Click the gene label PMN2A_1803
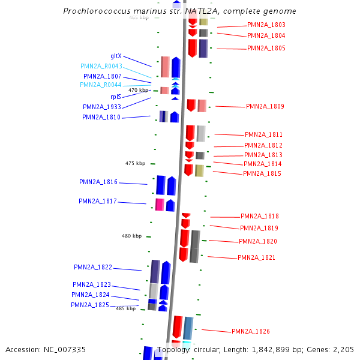pyautogui.click(x=266, y=25)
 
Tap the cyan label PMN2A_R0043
pyautogui.click(x=101, y=66)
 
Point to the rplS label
pyautogui.click(x=116, y=96)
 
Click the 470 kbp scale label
pyautogui.click(x=138, y=90)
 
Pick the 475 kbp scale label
pyautogui.click(x=135, y=163)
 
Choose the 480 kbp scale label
pyautogui.click(x=131, y=236)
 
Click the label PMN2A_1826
pyautogui.click(x=251, y=331)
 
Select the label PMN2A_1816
pyautogui.click(x=98, y=182)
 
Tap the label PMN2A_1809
pyautogui.click(x=265, y=106)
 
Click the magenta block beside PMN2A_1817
pyautogui.click(x=160, y=205)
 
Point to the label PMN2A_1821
pyautogui.click(x=257, y=257)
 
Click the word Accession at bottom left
pyautogui.click(x=22, y=349)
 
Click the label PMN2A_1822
pyautogui.click(x=93, y=267)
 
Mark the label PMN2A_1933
pyautogui.click(x=102, y=107)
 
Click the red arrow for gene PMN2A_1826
pyautogui.click(x=178, y=327)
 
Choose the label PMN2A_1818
pyautogui.click(x=260, y=216)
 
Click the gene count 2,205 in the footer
pyautogui.click(x=343, y=349)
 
